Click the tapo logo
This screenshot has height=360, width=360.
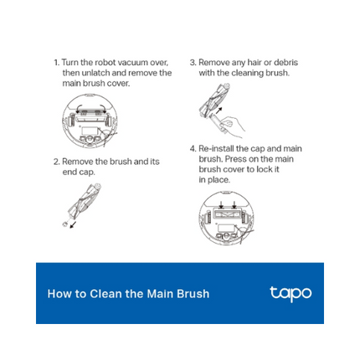[x=291, y=294]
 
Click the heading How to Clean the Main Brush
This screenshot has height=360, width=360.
[x=128, y=294]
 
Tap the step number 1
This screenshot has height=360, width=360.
[x=55, y=63]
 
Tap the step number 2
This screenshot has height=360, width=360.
[x=55, y=162]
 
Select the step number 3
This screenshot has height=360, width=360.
[x=192, y=63]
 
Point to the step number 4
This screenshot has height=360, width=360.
[x=192, y=149]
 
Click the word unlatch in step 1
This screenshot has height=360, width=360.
[x=99, y=73]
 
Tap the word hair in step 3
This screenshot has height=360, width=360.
[x=252, y=63]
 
